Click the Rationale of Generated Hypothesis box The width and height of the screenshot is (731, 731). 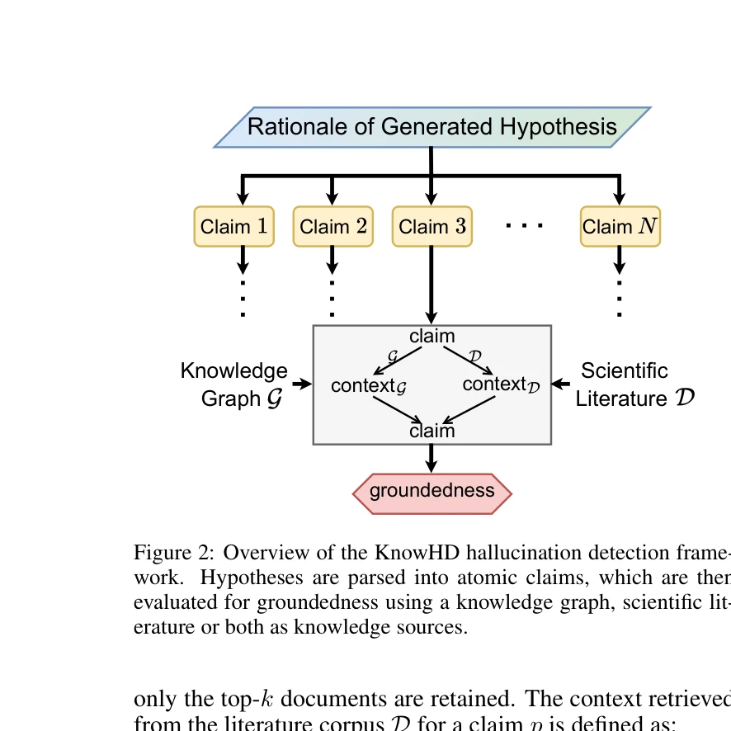(x=432, y=127)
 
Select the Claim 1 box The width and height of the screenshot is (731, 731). (x=233, y=227)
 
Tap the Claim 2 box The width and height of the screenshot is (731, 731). (x=332, y=227)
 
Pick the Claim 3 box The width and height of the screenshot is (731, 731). (x=432, y=227)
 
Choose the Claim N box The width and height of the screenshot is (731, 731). (x=620, y=227)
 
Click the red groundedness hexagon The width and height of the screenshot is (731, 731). (x=432, y=491)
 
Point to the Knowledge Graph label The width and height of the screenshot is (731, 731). (x=233, y=384)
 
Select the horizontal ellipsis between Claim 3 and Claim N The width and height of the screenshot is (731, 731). (x=525, y=225)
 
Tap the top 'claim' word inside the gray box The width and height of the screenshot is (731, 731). (x=432, y=336)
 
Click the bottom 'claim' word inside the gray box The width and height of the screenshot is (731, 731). (x=432, y=431)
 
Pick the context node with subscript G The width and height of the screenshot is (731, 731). (x=370, y=385)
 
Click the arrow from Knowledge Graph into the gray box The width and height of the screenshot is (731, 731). (x=302, y=384)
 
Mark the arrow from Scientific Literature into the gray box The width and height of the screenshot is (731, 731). (x=562, y=384)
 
